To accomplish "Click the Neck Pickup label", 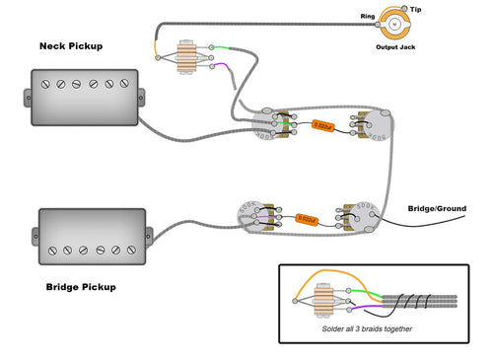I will (84, 46).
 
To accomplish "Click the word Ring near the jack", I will (368, 16).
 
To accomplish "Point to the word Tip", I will (416, 9).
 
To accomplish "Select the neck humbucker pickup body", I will (84, 97).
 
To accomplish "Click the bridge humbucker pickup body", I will (92, 235).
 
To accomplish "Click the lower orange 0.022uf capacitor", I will (306, 218).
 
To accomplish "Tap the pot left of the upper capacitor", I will (273, 126).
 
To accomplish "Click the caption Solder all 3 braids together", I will (367, 328).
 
